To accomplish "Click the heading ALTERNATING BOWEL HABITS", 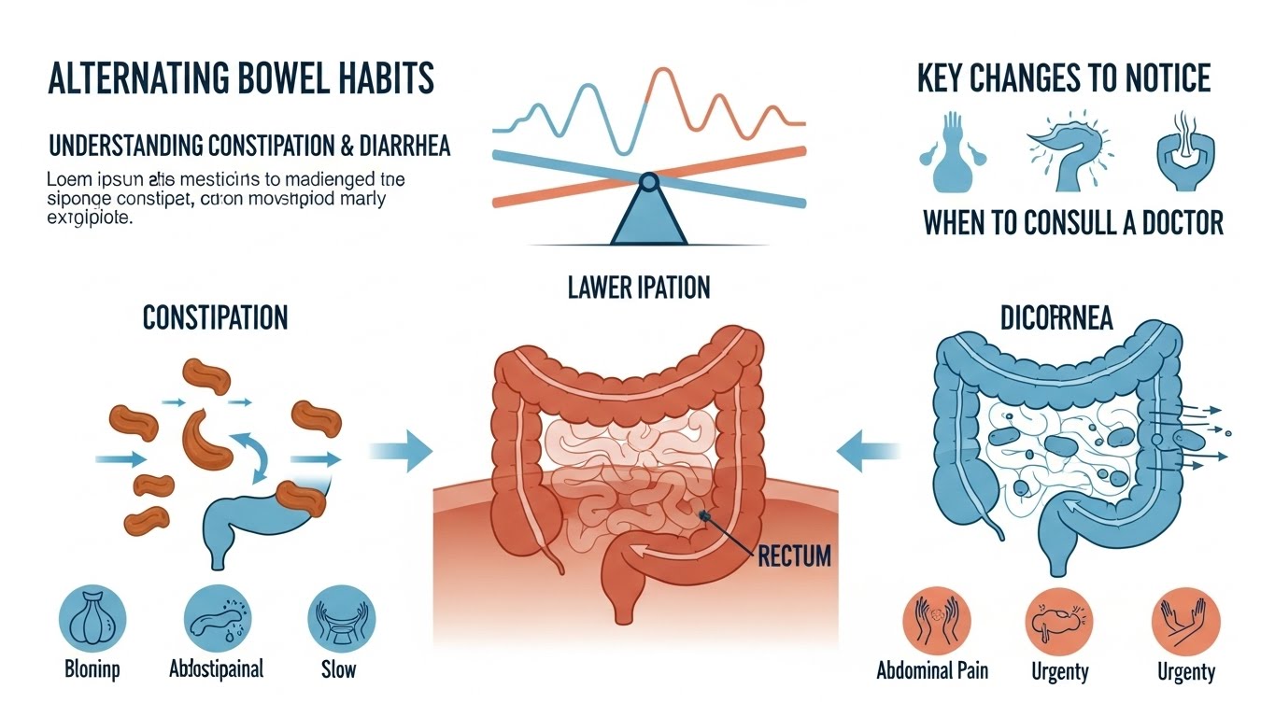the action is click(x=240, y=79).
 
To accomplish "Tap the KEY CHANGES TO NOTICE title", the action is click(x=1063, y=78).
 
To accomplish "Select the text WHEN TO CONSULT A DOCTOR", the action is click(x=1072, y=224).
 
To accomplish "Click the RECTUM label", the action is click(x=794, y=556).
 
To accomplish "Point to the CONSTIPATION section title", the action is click(x=215, y=318).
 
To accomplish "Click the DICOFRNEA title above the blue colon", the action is click(x=1056, y=318).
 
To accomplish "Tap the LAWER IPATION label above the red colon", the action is click(x=638, y=287).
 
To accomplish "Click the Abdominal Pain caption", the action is click(x=931, y=670).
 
